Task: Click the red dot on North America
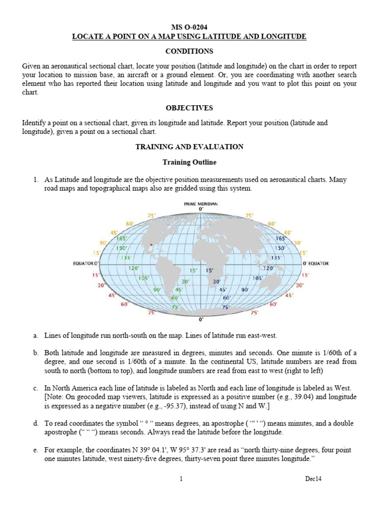(x=151, y=244)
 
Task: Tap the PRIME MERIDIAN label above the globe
(x=201, y=204)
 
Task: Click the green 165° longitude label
(x=121, y=238)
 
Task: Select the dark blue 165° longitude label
(x=281, y=238)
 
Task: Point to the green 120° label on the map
(x=134, y=268)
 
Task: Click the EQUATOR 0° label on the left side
(x=86, y=263)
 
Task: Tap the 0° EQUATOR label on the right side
(x=315, y=263)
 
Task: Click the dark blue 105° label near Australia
(x=258, y=278)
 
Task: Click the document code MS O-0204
(x=189, y=28)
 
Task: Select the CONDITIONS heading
(x=189, y=51)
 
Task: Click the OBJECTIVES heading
(x=189, y=108)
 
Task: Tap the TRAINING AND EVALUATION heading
(x=189, y=147)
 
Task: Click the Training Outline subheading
(x=189, y=162)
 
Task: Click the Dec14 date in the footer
(x=313, y=479)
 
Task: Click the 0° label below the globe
(x=200, y=320)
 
